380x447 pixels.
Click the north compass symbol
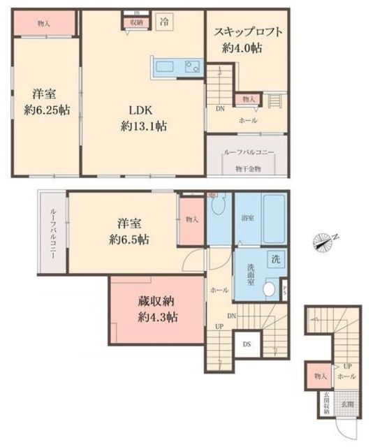point(326,242)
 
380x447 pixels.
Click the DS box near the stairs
point(247,344)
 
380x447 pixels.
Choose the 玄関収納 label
point(326,403)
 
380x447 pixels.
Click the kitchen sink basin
point(166,67)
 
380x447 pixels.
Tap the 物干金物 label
point(247,168)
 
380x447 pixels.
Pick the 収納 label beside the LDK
point(136,22)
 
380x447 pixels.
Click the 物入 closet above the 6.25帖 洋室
point(43,24)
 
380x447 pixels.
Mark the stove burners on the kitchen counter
point(191,67)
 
